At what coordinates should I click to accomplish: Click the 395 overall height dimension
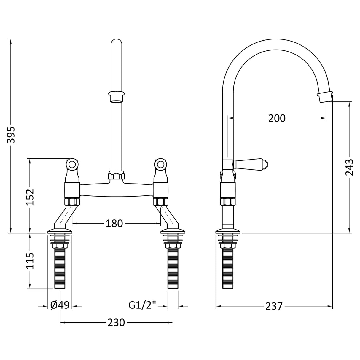11,135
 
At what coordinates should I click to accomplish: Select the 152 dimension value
30,197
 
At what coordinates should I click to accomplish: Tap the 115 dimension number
30,261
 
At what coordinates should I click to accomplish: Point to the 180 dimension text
114,223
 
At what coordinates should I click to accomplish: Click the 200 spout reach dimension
277,118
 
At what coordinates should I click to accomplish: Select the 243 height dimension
349,167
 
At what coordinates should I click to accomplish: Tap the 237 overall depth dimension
274,306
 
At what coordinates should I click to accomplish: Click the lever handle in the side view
251,164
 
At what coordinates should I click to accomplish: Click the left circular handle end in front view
72,164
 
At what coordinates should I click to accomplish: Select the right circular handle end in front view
160,164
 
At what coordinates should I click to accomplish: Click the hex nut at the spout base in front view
116,176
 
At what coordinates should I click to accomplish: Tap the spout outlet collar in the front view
116,96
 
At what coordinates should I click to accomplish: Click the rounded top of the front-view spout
116,42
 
